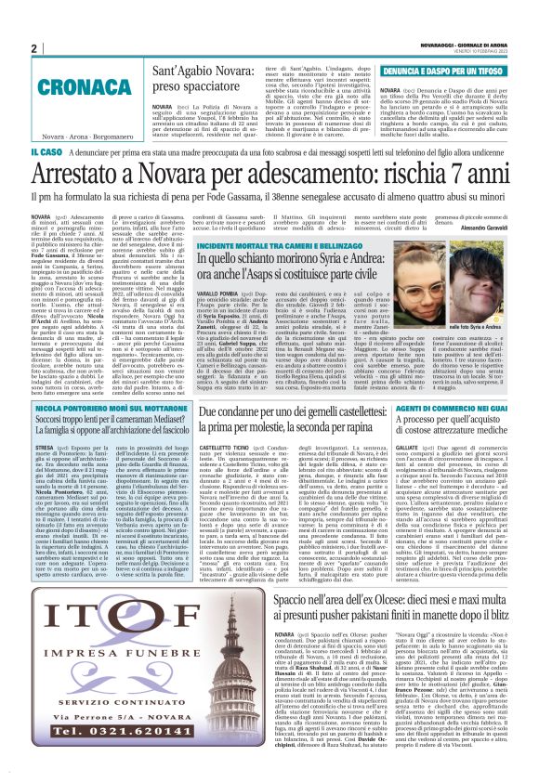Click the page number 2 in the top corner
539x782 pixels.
33,48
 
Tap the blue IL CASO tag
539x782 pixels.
47,150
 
